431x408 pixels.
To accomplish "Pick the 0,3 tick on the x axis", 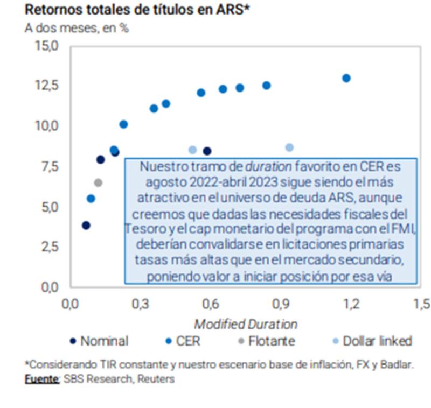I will coord(140,304).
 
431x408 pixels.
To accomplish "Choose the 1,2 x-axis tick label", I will coord(350,304).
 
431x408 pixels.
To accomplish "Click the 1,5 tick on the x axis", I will coord(421,304).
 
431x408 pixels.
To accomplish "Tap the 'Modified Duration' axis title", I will coord(246,324).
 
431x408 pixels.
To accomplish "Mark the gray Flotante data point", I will coord(98,182).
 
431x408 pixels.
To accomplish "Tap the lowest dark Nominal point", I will coord(86,225).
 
